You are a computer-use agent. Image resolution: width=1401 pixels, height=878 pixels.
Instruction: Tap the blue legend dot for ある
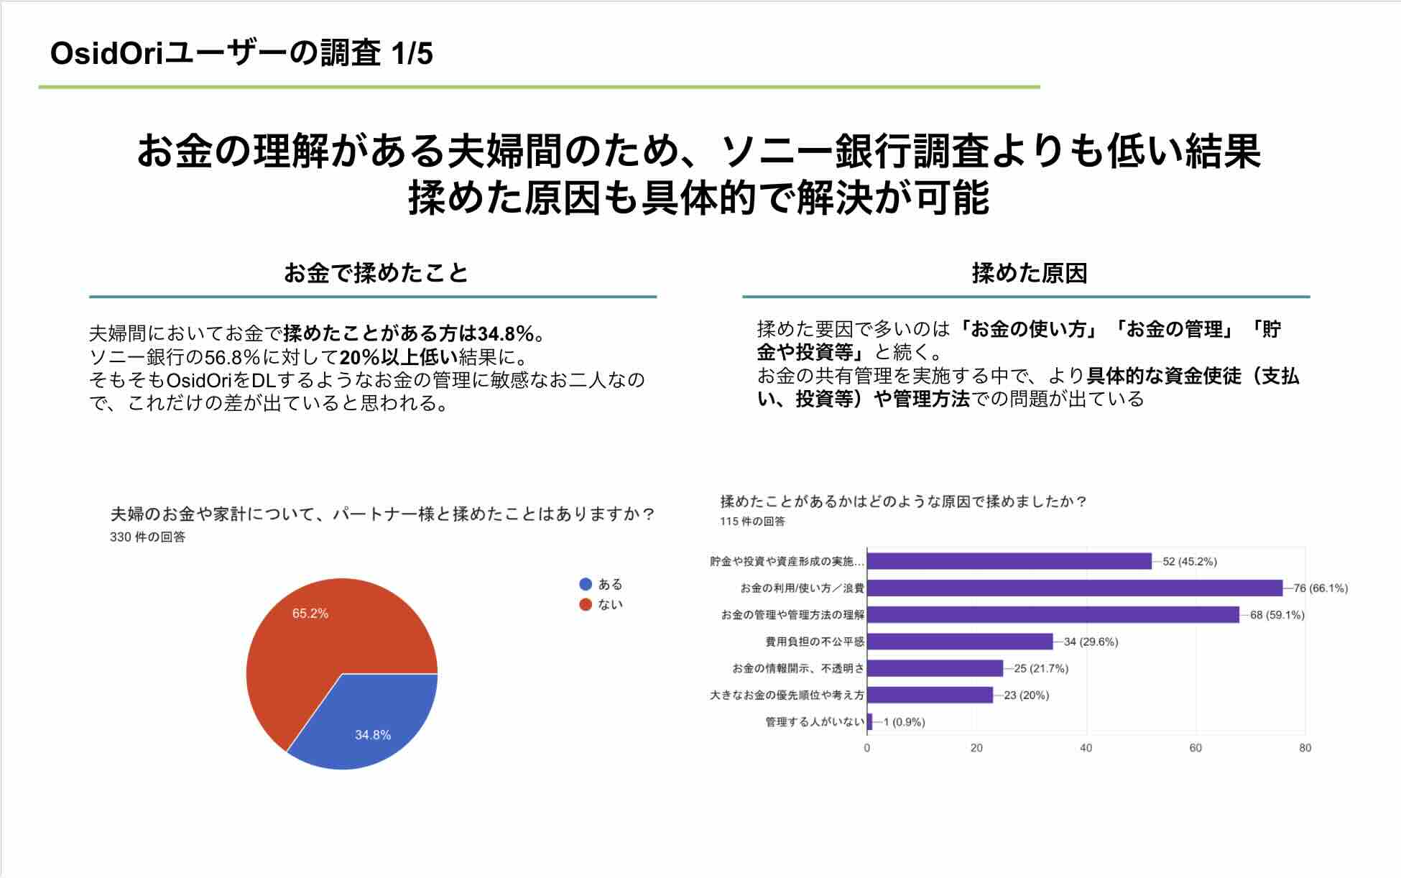click(x=586, y=584)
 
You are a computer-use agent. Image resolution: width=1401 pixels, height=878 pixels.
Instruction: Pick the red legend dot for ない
click(x=586, y=604)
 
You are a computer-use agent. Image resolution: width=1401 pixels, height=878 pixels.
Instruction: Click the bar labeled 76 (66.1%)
click(x=1074, y=588)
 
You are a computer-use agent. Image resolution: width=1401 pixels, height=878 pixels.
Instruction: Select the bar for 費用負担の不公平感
click(x=960, y=642)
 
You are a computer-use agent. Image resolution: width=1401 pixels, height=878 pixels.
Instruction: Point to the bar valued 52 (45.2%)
click(x=1009, y=561)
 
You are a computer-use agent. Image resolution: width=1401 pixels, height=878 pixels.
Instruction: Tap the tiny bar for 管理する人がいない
click(x=870, y=721)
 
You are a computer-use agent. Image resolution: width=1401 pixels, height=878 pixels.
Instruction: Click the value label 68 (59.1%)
click(x=1277, y=615)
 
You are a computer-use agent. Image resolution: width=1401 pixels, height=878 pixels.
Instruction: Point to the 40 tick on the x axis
click(x=1086, y=748)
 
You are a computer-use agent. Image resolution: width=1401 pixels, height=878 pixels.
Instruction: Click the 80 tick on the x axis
click(x=1305, y=748)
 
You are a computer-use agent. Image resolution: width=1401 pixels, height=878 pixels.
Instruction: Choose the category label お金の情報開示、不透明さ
click(x=797, y=668)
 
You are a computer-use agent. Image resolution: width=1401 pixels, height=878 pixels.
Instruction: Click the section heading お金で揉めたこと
click(x=375, y=273)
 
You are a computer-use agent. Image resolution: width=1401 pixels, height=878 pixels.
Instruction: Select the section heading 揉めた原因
click(x=1029, y=273)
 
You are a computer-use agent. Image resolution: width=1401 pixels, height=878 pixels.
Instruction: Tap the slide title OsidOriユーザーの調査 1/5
click(x=241, y=54)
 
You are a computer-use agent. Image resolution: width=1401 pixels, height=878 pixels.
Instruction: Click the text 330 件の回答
click(x=147, y=537)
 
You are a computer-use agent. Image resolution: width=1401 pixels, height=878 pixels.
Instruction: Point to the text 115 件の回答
click(x=752, y=521)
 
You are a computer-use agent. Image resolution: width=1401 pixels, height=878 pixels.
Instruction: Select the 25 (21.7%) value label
click(x=1041, y=668)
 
